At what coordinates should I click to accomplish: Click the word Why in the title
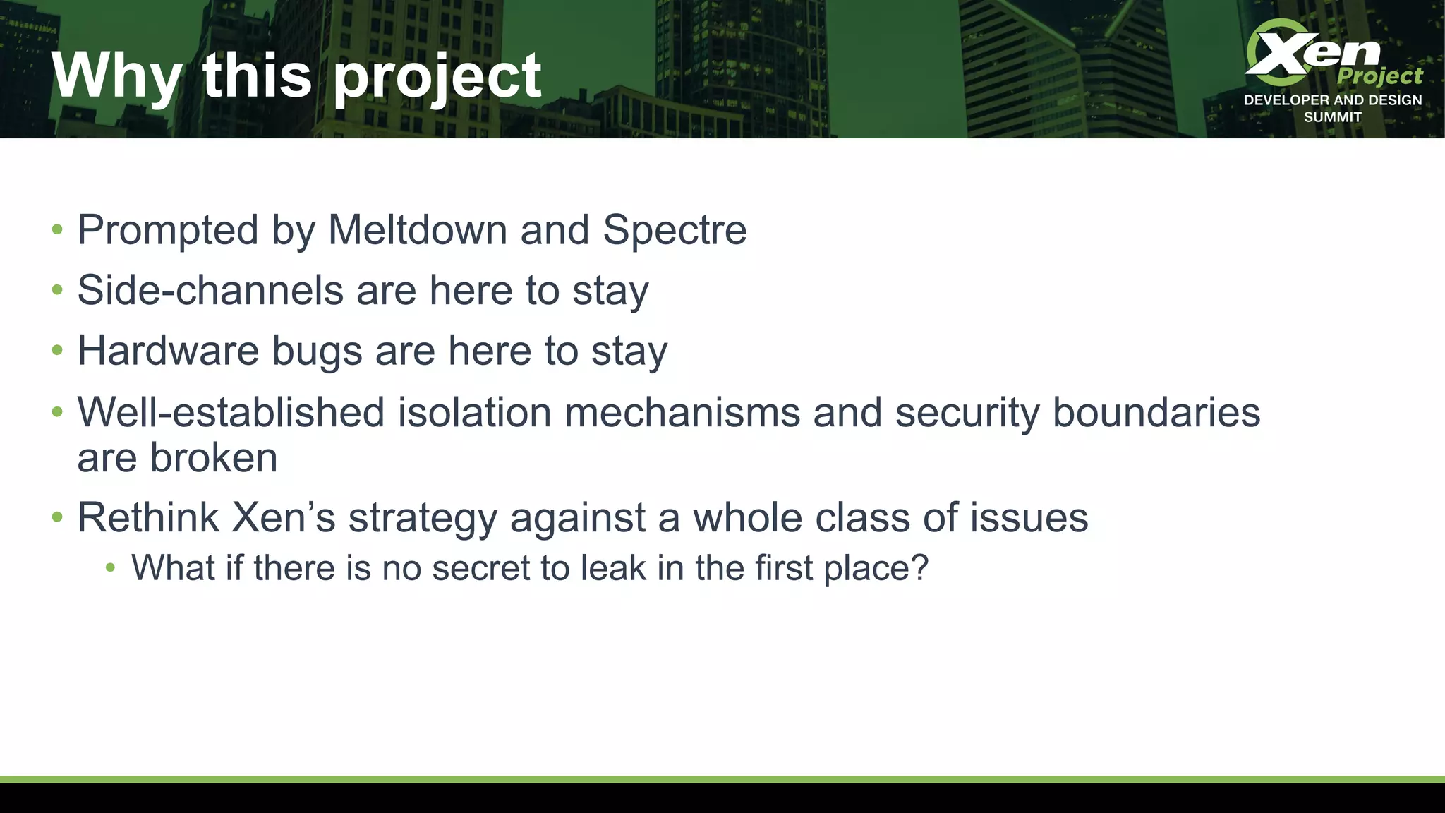click(116, 76)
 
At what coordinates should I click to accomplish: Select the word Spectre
click(675, 230)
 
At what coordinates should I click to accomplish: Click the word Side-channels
click(210, 290)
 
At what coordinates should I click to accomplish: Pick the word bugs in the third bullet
click(317, 351)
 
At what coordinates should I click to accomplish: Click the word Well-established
click(231, 412)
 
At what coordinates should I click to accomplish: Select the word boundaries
click(1156, 412)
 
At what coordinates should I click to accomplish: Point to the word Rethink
click(148, 517)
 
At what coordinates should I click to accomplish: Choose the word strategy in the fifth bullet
click(423, 519)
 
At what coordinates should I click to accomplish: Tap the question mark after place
click(919, 567)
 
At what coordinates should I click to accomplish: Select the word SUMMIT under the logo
click(1332, 117)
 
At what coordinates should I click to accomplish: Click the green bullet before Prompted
click(57, 229)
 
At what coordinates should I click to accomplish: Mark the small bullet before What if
click(109, 567)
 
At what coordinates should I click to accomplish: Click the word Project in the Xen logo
click(1379, 76)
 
